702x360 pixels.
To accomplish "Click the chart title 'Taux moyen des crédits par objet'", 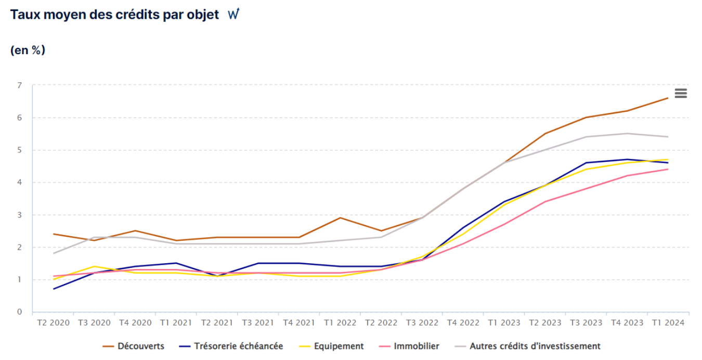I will pos(114,15).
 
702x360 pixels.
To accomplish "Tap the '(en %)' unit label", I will pos(28,50).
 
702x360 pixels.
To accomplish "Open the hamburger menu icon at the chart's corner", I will pos(681,94).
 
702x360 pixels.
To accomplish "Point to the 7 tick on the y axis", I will pos(19,85).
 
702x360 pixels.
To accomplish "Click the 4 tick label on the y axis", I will pos(19,183).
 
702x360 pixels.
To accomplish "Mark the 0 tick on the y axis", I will pos(19,312).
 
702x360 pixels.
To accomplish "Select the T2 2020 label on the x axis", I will pos(53,323).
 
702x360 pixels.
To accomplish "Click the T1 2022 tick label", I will pos(340,323).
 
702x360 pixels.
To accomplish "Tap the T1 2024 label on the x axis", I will pos(668,323).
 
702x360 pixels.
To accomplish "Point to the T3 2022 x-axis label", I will pos(422,323).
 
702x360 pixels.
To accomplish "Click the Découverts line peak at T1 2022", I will pos(340,217).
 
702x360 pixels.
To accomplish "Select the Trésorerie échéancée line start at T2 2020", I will pos(53,289).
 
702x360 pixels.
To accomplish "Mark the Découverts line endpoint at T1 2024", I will pos(668,98).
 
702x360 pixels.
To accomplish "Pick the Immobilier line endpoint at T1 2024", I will pos(668,169).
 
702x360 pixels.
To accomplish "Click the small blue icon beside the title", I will pos(233,15).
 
